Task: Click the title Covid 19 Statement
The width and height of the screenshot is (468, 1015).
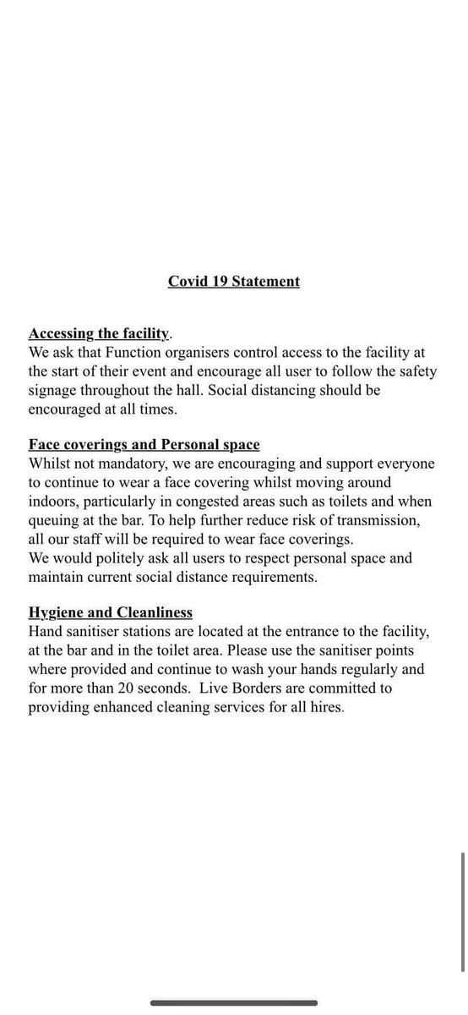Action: click(x=234, y=281)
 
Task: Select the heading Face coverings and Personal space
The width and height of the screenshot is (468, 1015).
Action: click(x=144, y=444)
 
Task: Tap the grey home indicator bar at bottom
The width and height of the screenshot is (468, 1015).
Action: click(x=234, y=1002)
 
